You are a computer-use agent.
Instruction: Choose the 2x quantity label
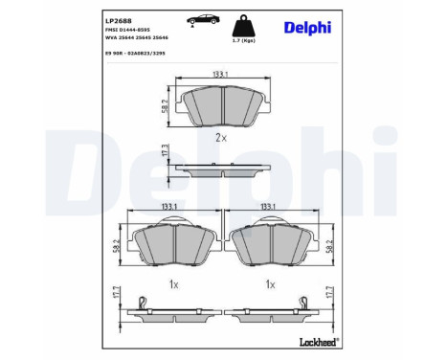pos(221,138)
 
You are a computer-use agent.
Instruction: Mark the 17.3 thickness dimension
pos(165,154)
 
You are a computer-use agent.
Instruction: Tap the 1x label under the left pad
pos(173,285)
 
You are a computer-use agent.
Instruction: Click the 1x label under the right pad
pos(270,285)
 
